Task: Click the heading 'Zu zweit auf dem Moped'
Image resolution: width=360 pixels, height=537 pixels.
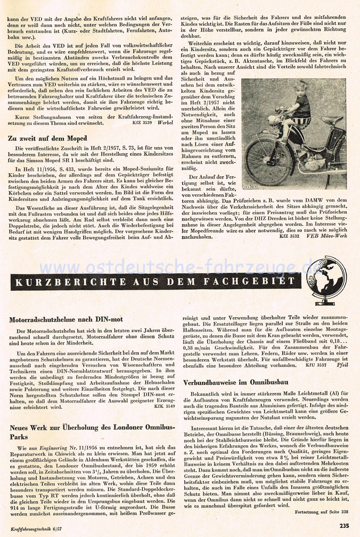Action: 47,138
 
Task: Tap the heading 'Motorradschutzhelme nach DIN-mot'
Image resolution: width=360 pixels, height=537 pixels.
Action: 66,320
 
